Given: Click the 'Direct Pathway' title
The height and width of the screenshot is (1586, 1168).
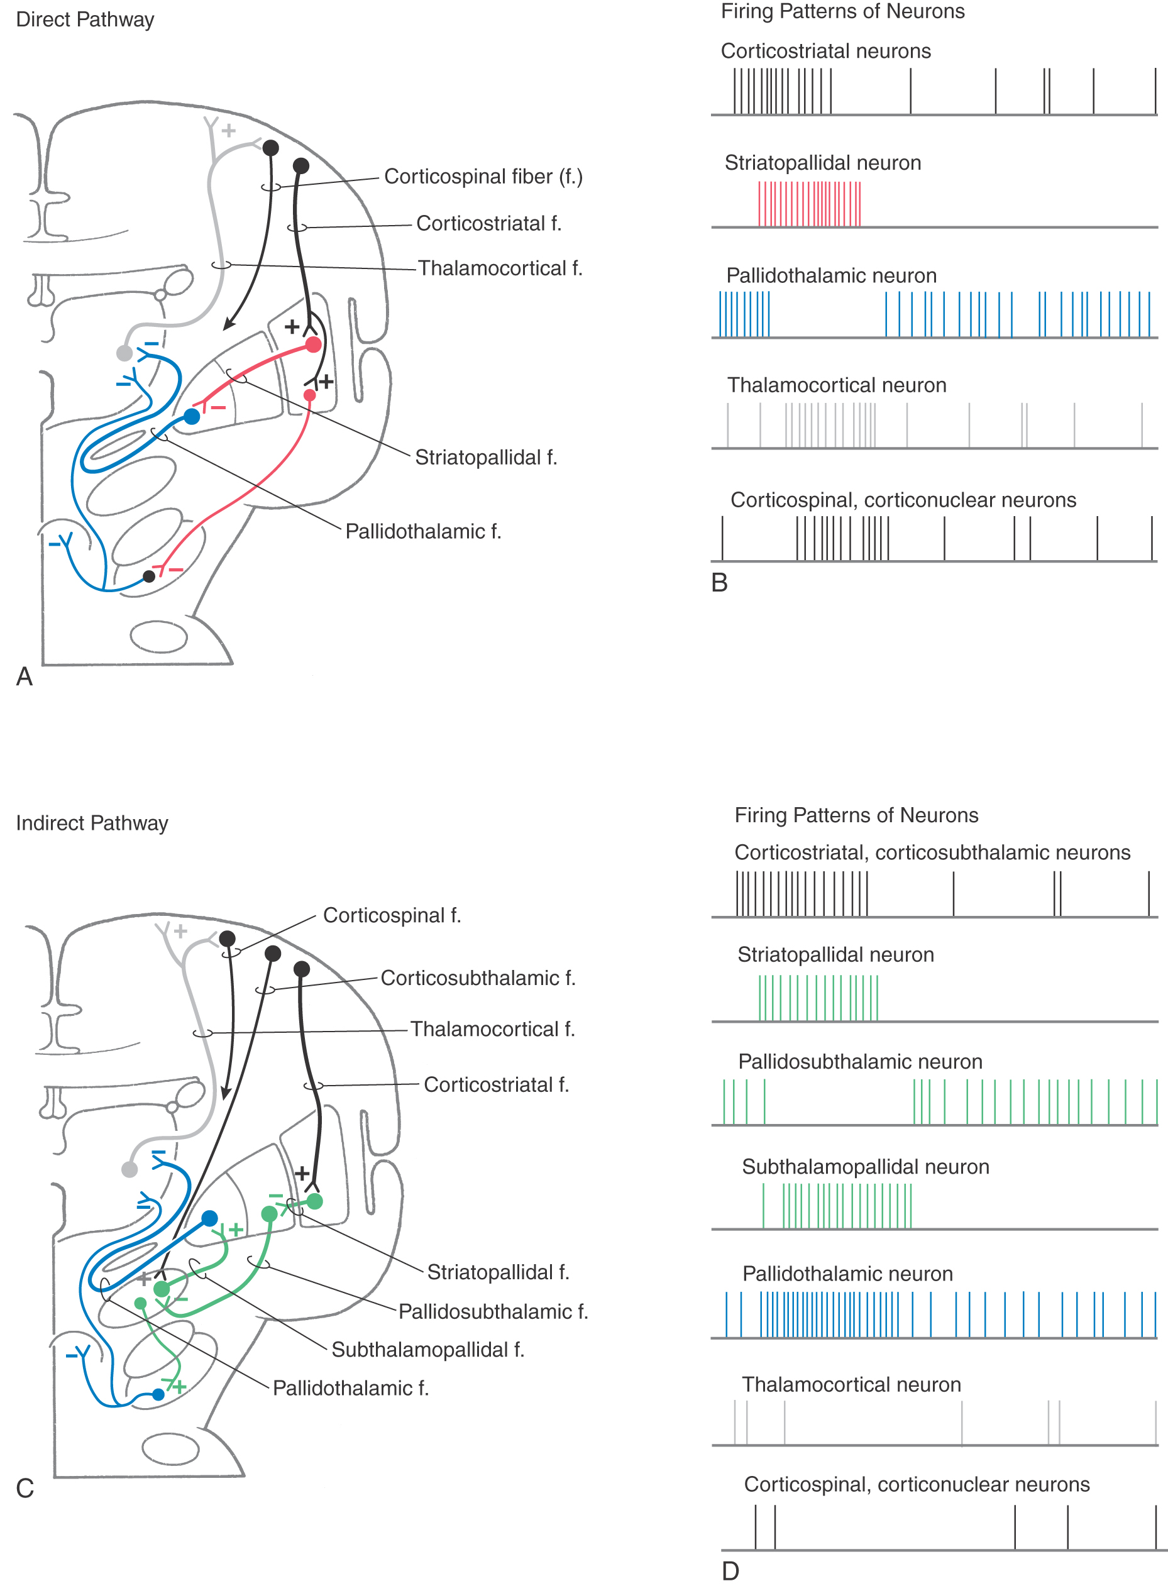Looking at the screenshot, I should (85, 19).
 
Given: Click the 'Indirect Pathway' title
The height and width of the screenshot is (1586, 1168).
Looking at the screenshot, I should (92, 823).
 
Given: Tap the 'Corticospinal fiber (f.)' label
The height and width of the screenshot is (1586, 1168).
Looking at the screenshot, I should (483, 176).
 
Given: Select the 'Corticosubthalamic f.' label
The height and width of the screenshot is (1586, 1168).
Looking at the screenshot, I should (478, 978).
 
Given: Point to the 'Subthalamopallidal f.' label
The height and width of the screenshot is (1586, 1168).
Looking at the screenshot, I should (427, 1350).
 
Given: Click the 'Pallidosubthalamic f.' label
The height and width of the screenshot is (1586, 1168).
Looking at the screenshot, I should (493, 1312).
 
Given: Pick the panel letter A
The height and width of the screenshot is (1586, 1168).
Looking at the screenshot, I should (24, 676).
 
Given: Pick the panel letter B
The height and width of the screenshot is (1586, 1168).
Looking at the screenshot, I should (719, 583).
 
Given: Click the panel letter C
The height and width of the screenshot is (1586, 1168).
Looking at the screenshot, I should (25, 1489).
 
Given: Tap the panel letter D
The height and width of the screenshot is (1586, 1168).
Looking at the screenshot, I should (730, 1571).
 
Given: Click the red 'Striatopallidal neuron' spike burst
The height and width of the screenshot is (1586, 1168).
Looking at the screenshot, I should (810, 204).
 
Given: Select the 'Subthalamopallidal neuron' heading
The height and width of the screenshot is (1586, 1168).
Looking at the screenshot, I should (866, 1167).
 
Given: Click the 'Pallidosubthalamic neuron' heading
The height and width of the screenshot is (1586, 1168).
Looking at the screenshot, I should (860, 1061).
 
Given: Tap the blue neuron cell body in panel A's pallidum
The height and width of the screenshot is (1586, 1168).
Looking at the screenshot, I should (192, 416).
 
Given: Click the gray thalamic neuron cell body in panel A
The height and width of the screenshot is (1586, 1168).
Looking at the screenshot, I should (124, 353).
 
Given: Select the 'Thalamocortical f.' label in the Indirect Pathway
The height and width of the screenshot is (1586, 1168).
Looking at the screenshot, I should (493, 1029).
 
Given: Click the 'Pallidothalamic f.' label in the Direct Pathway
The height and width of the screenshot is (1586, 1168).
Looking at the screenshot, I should (423, 531).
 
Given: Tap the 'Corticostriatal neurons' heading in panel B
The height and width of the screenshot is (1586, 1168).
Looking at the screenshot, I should (826, 51).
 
